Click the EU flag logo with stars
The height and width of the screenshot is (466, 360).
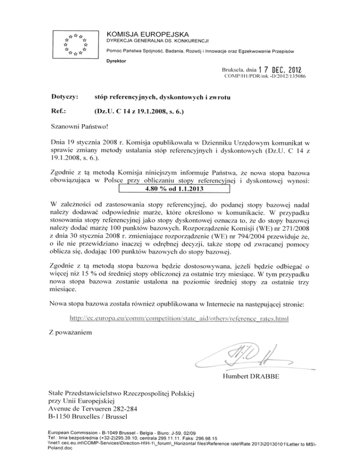(75, 45)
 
